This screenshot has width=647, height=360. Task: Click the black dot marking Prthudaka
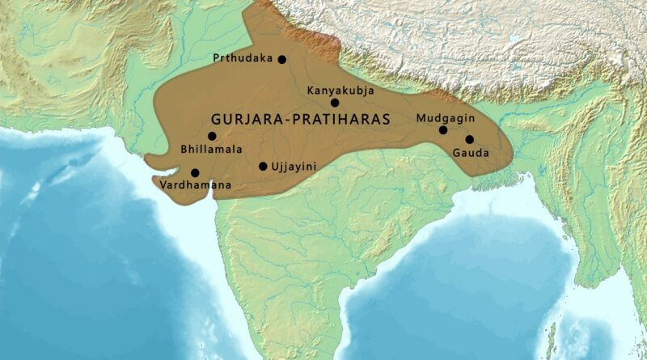[x=281, y=59]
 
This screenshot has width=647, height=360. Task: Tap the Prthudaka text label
[x=243, y=58]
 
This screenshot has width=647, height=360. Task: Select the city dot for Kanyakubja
[x=335, y=103]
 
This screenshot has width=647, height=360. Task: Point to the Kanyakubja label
[x=340, y=91]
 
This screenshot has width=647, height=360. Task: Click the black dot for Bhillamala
[x=212, y=136]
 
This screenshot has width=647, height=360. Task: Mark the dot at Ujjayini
[x=263, y=167]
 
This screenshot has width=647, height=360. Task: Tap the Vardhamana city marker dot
[x=195, y=172]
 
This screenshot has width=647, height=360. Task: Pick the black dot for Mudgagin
[x=443, y=130]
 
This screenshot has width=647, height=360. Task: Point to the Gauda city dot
[x=469, y=139]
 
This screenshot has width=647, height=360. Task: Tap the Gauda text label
[x=471, y=153]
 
